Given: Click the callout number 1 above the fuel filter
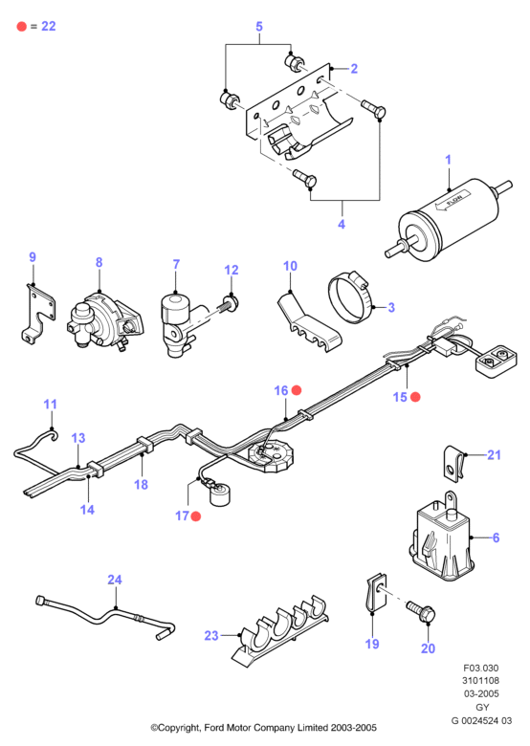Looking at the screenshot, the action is tap(448, 160).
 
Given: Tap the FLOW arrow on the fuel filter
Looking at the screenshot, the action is tap(453, 200).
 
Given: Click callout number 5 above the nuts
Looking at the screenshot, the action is tap(259, 26).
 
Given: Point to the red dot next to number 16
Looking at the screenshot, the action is tap(297, 390).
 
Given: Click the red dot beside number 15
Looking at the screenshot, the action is tap(415, 397).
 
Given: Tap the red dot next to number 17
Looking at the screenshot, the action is tap(195, 516).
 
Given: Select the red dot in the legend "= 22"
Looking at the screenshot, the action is tap(22, 26).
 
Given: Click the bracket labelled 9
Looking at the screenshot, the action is tap(37, 313).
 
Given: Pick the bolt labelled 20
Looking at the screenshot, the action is tap(421, 611).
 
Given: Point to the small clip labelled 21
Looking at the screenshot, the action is tap(453, 464).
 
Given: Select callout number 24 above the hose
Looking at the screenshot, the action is tap(115, 580).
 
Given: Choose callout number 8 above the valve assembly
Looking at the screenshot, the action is tap(99, 262).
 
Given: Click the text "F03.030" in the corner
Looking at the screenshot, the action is tap(481, 668).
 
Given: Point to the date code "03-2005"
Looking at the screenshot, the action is tap(481, 693).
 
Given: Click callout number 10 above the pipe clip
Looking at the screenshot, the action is tap(290, 266).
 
